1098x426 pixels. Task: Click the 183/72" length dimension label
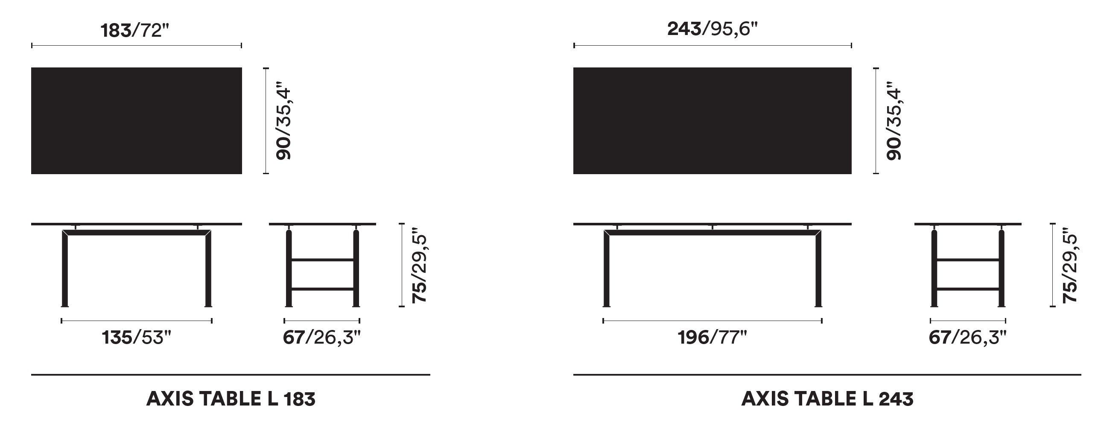[x=132, y=30]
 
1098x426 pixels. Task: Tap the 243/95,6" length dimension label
[x=713, y=29]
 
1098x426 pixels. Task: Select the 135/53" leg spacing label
[x=136, y=338]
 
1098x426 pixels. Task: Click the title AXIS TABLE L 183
[x=231, y=399]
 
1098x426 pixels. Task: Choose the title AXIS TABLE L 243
[x=827, y=399]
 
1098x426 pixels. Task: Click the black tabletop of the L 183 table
[x=137, y=121]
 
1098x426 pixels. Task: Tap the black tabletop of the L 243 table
[x=713, y=121]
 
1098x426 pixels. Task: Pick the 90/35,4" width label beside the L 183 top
[x=283, y=121]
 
